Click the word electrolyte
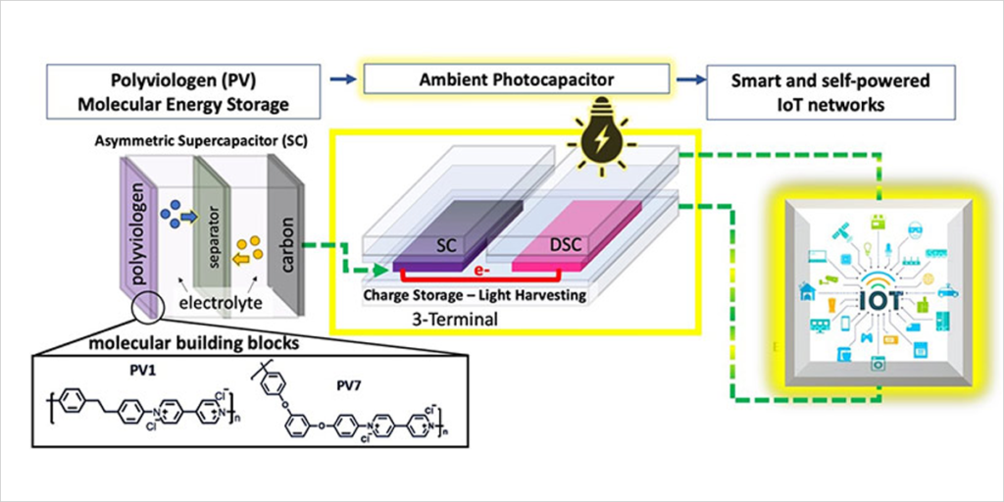pos(218,304)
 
